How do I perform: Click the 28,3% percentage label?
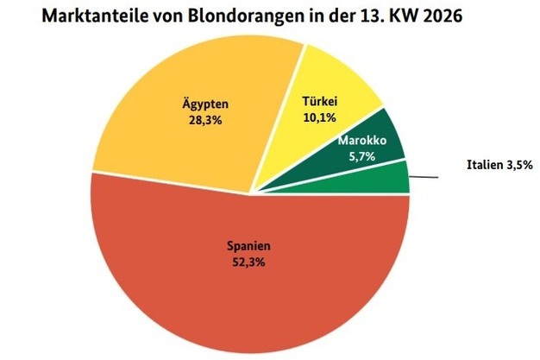204,123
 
